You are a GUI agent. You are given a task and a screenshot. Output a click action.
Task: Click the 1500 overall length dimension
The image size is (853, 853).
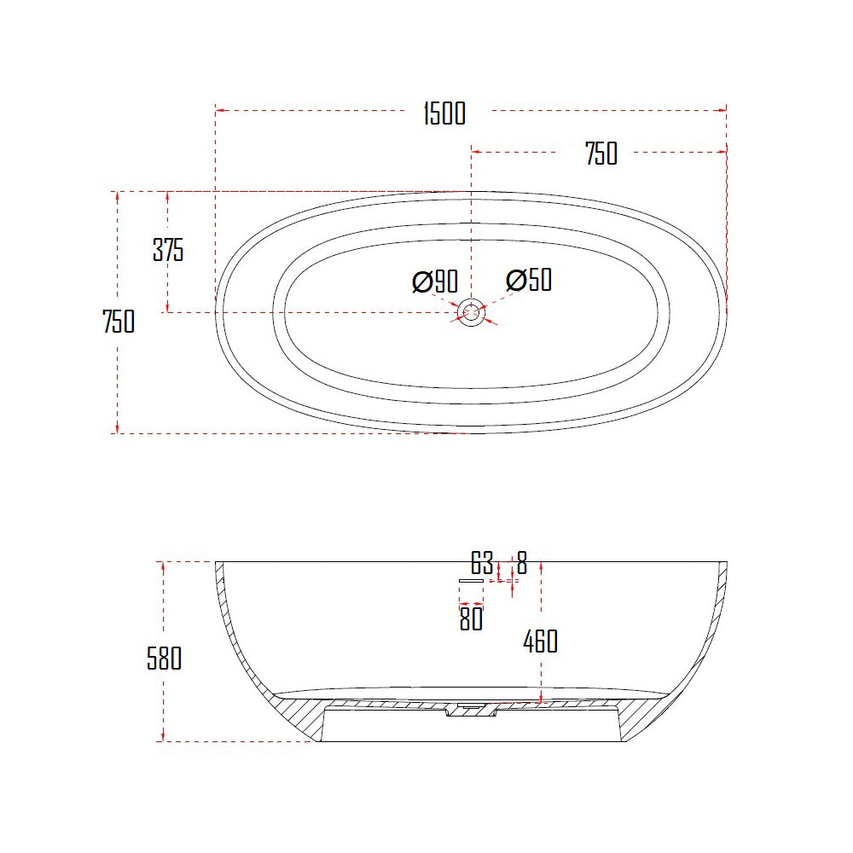(x=444, y=113)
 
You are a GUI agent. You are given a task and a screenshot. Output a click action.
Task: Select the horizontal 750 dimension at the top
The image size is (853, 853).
(x=601, y=154)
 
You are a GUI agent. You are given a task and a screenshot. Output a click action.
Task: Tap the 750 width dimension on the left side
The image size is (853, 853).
(x=119, y=322)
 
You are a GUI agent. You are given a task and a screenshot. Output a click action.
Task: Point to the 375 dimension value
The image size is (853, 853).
(x=168, y=251)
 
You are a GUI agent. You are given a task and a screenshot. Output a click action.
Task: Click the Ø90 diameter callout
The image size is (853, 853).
(x=435, y=281)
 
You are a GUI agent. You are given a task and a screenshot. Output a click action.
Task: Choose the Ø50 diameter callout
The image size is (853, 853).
(x=529, y=280)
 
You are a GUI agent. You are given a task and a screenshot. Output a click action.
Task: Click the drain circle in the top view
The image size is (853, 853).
(x=471, y=312)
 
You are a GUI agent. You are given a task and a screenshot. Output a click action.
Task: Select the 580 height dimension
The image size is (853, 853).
(x=164, y=659)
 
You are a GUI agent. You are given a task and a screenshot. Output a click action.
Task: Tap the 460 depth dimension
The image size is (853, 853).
(x=540, y=641)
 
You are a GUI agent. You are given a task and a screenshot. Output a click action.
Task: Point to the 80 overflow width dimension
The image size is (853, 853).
(x=471, y=619)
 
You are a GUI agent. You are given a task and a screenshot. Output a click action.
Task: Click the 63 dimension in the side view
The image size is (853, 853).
(x=482, y=564)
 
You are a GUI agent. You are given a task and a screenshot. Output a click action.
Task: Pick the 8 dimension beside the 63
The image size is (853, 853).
(x=521, y=564)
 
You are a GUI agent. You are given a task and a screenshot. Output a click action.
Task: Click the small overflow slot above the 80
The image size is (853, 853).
(x=471, y=580)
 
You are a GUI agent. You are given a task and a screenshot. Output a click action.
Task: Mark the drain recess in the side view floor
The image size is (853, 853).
(x=470, y=710)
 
